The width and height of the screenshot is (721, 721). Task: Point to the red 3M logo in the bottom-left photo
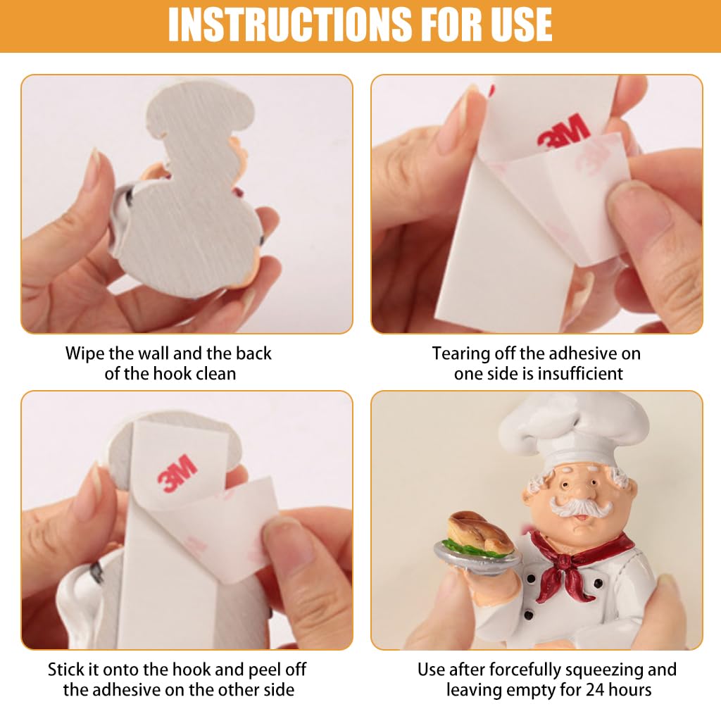177,472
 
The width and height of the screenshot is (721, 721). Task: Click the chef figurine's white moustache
581,507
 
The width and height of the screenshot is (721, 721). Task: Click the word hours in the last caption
630,690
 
